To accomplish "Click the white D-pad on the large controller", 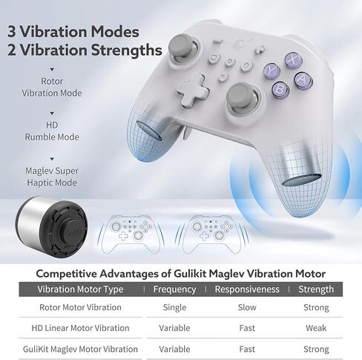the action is (194, 90).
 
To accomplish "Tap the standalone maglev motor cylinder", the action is (51, 227).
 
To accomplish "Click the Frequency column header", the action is (174, 289).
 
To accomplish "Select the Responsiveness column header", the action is (247, 289).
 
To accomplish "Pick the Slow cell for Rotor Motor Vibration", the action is (247, 307).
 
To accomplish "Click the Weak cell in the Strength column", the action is (316, 328).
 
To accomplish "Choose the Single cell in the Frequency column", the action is (174, 307).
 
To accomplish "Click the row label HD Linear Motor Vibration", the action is (80, 328).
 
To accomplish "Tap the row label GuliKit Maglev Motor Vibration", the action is (80, 349).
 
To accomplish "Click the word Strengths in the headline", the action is (126, 50).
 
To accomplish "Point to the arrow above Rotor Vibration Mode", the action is (52, 70).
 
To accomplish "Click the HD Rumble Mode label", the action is (52, 131).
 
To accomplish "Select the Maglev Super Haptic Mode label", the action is (52, 177).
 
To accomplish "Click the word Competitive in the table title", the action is (66, 274).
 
